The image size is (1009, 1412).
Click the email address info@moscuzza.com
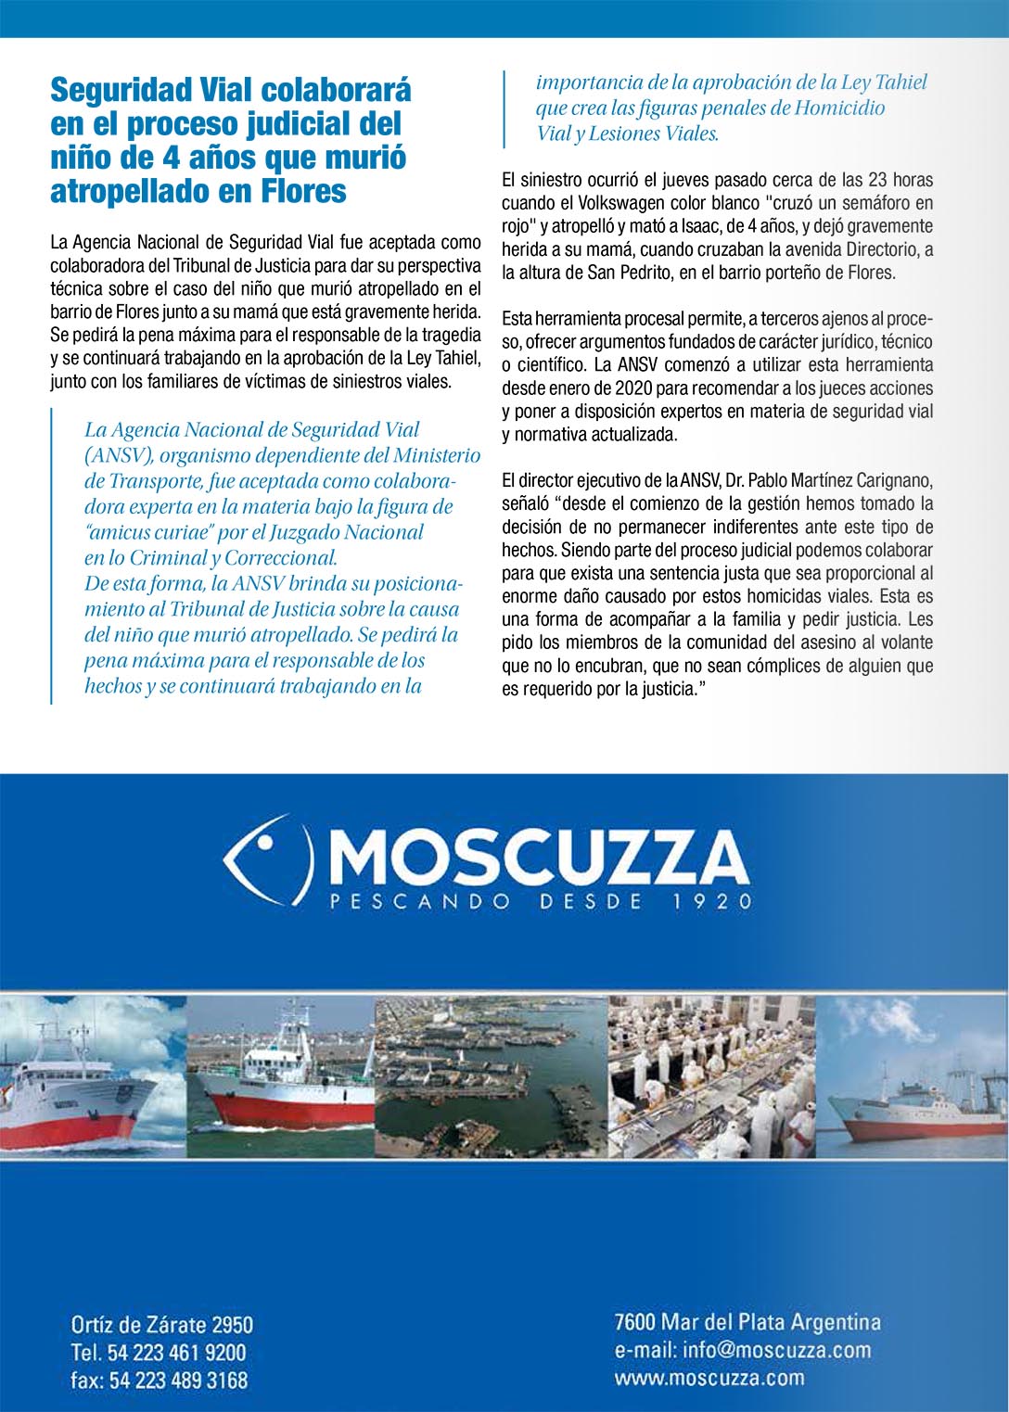pyautogui.click(x=743, y=1350)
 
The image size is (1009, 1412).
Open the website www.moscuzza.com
pyautogui.click(x=709, y=1378)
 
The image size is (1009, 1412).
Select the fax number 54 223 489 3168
pyautogui.click(x=178, y=1380)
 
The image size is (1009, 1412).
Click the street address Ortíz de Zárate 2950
pyautogui.click(x=162, y=1324)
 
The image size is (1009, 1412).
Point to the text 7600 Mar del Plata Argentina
pyautogui.click(x=747, y=1321)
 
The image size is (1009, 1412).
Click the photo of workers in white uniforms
pyautogui.click(x=711, y=1076)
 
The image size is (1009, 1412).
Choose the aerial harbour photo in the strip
pyautogui.click(x=491, y=1076)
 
